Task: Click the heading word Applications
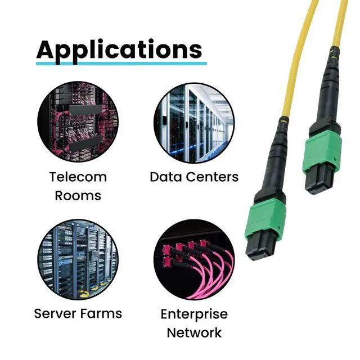pyautogui.click(x=119, y=49)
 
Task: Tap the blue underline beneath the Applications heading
pyautogui.click(x=121, y=63)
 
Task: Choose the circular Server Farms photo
pyautogui.click(x=78, y=259)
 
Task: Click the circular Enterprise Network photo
pyautogui.click(x=193, y=259)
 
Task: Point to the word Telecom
pyautogui.click(x=78, y=177)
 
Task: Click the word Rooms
pyautogui.click(x=78, y=196)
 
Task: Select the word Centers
pyautogui.click(x=211, y=177)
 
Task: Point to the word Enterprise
pyautogui.click(x=194, y=314)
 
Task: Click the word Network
pyautogui.click(x=194, y=332)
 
